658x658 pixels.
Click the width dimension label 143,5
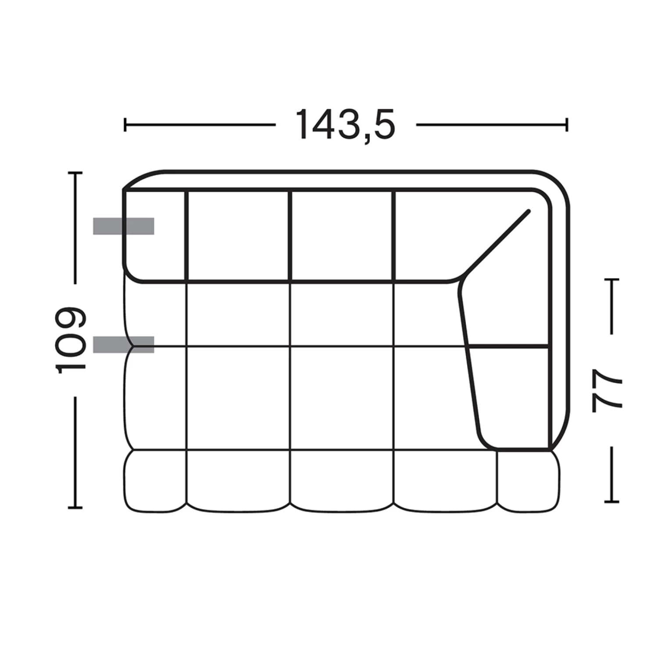pyautogui.click(x=345, y=125)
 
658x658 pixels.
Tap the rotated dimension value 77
pyautogui.click(x=607, y=390)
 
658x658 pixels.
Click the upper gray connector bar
pyautogui.click(x=123, y=226)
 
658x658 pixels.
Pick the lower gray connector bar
pyautogui.click(x=123, y=344)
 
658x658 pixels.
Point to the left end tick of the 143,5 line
pyautogui.click(x=125, y=125)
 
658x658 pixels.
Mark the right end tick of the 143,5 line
pyautogui.click(x=567, y=125)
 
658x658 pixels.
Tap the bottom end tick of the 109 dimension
pyautogui.click(x=75, y=508)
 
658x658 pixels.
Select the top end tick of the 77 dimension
pyautogui.click(x=612, y=279)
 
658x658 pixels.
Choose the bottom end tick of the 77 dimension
pyautogui.click(x=612, y=501)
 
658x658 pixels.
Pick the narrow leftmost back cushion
pyautogui.click(x=155, y=235)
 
